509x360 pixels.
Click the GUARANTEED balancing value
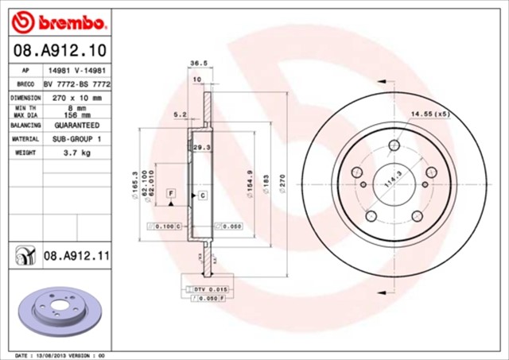click(76, 126)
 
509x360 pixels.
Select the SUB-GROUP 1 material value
click(76, 138)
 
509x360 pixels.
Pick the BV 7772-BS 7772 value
click(76, 83)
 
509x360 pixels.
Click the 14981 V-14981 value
click(76, 70)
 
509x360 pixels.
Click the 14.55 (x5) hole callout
click(429, 114)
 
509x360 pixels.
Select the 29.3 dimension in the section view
click(202, 147)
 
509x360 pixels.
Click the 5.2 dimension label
click(180, 115)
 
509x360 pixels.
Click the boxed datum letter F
click(170, 193)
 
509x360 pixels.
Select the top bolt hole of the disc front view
click(395, 145)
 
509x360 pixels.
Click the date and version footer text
click(60, 355)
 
